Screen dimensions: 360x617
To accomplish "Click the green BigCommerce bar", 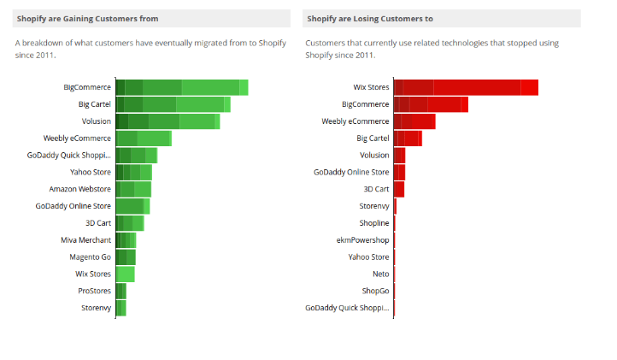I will pos(181,87).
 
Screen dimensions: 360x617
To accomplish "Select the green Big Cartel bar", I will pos(173,104).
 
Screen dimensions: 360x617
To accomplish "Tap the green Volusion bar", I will pos(167,121).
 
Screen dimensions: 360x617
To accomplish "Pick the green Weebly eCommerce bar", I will pos(144,139).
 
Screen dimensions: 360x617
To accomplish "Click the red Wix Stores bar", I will pos(466,87).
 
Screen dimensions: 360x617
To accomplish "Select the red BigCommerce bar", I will pos(431,104).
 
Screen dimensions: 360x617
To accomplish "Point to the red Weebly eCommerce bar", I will pos(414,121).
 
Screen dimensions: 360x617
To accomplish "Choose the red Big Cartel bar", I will pos(408,139).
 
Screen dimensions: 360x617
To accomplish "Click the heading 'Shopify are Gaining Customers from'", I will pos(87,18).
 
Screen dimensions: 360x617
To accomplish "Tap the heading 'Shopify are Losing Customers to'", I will pos(370,18).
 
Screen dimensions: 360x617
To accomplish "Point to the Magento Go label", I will pos(90,257).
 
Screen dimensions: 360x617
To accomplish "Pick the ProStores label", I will pos(94,291).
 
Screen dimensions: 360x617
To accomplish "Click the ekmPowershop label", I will pos(362,240).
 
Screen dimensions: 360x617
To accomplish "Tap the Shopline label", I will pos(373,223).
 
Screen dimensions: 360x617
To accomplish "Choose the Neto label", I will pos(380,274).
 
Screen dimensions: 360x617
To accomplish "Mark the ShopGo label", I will pos(375,291).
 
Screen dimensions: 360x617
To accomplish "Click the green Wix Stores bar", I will pos(125,274).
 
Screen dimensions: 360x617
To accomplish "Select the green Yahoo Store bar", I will pos(133,172).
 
